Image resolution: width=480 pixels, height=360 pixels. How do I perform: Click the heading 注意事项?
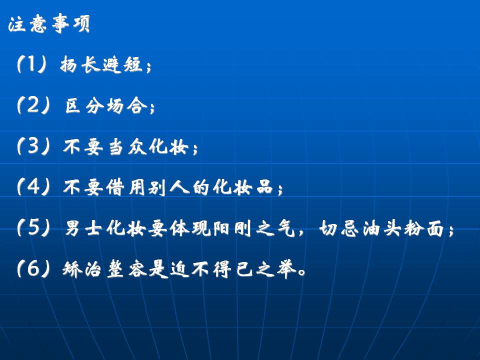point(49,24)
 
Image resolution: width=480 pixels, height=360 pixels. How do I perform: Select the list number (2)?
point(33,105)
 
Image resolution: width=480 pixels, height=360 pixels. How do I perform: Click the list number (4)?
point(33,186)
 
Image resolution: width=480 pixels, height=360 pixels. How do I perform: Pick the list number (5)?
point(33,227)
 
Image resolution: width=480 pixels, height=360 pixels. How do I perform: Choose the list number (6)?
point(33,268)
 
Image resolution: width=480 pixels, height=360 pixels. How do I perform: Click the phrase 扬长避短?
point(101,65)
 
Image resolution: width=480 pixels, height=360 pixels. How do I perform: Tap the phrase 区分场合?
point(106,105)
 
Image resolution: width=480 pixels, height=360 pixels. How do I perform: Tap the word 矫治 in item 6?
point(82,269)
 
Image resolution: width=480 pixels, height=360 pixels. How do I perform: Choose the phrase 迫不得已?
point(211,269)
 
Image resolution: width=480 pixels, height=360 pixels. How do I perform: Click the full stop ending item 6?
point(302,272)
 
